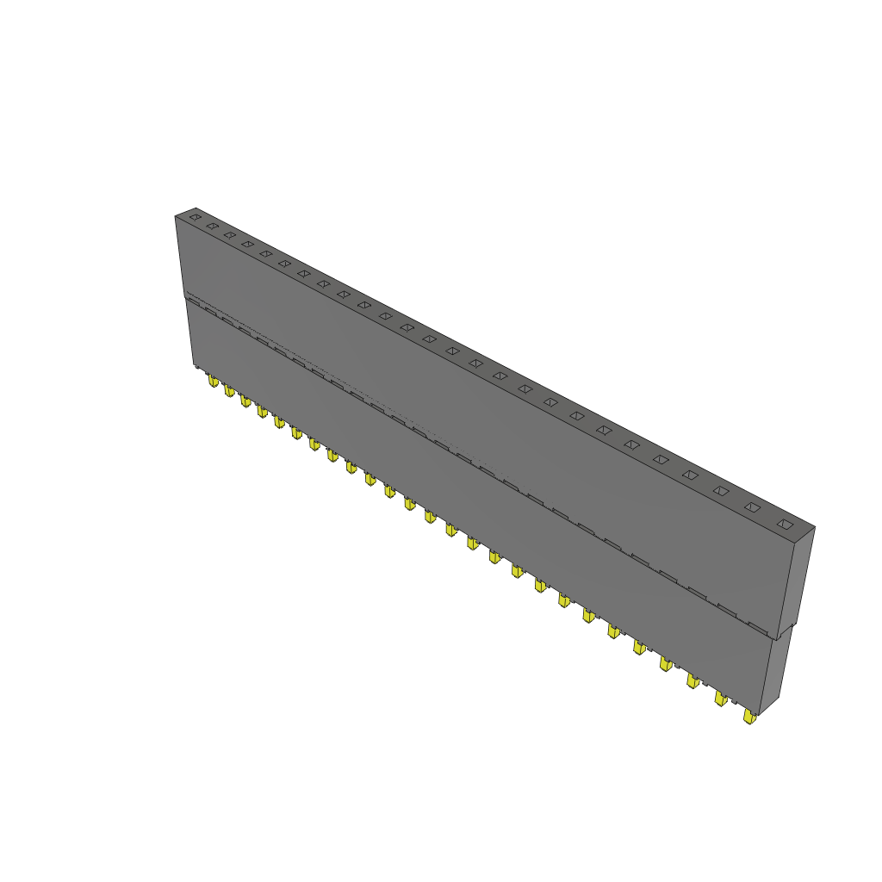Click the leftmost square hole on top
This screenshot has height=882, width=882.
tap(196, 218)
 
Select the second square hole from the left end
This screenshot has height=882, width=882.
tap(212, 226)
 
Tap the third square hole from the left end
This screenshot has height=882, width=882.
tap(229, 234)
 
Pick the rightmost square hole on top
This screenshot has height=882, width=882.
tap(784, 524)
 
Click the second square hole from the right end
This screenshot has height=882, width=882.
tap(752, 507)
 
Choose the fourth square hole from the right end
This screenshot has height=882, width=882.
tap(690, 475)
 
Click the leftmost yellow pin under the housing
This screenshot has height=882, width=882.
tap(213, 380)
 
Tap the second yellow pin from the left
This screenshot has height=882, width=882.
tap(229, 391)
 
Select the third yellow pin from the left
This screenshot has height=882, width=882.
tap(245, 401)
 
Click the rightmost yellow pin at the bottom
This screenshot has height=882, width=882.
tap(749, 716)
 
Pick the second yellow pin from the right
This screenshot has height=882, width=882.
tap(720, 699)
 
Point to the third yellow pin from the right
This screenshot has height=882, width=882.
tap(693, 681)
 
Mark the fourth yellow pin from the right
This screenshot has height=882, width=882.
tap(666, 663)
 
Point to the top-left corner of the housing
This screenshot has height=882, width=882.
tap(176, 215)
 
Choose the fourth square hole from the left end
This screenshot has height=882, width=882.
tap(247, 244)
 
